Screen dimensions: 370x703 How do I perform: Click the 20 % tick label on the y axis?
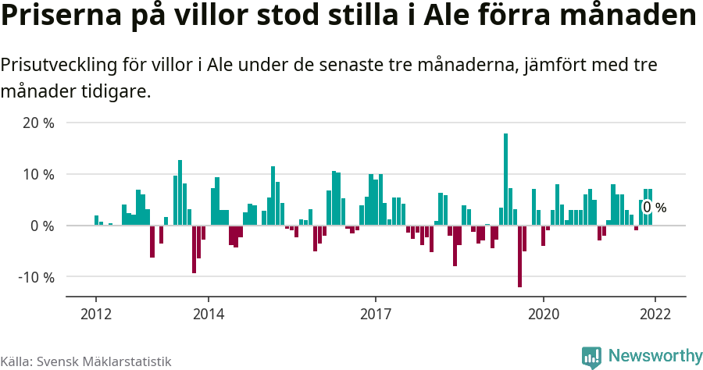click(39, 123)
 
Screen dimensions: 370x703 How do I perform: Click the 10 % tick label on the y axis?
click(39, 174)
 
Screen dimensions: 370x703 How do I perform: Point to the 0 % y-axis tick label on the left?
click(43, 226)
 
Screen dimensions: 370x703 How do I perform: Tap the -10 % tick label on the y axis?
click(37, 277)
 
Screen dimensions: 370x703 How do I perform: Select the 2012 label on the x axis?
click(96, 313)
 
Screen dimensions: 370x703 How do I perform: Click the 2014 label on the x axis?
click(208, 313)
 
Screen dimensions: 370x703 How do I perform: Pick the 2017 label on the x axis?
click(376, 313)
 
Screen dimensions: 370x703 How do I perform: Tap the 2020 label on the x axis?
click(544, 313)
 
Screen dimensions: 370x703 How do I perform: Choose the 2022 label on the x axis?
click(655, 313)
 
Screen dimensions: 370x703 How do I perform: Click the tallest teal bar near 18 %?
click(506, 180)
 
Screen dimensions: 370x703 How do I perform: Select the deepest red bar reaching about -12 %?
click(519, 256)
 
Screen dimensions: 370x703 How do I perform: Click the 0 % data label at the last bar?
click(655, 208)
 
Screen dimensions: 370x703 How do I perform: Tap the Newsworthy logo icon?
click(591, 357)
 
